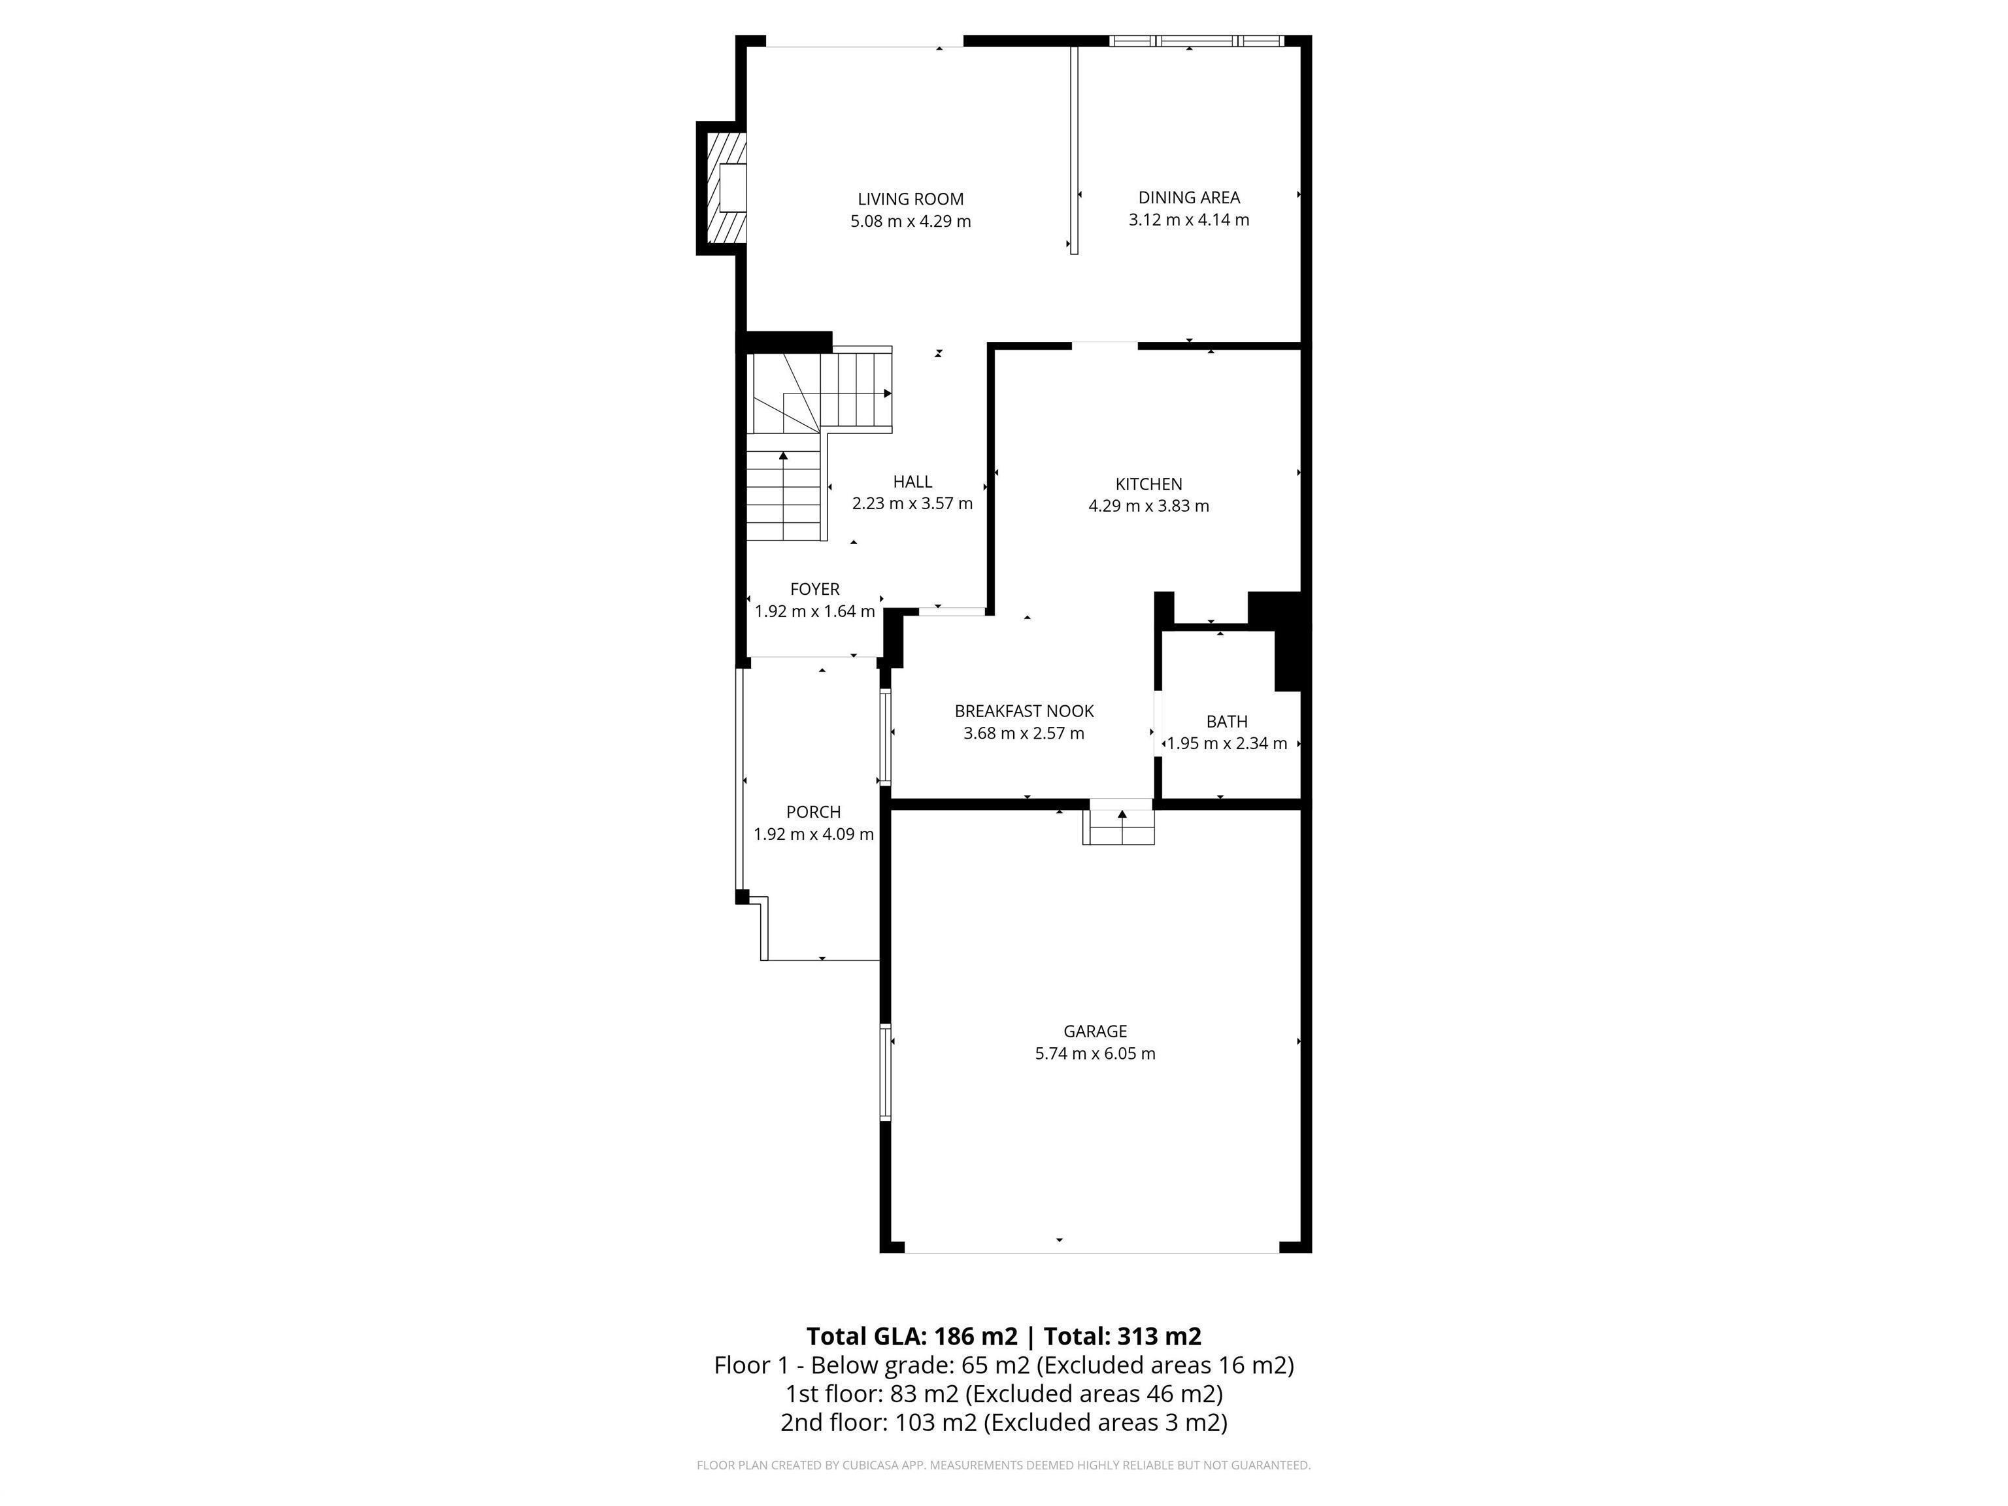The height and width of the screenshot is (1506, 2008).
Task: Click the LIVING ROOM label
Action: click(911, 199)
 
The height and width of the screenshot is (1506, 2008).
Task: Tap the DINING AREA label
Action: click(1188, 197)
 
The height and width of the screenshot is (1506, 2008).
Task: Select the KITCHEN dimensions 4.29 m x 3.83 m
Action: click(1148, 507)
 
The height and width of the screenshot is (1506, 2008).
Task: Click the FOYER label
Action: click(814, 589)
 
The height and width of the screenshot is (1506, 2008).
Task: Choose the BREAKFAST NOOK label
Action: click(1024, 711)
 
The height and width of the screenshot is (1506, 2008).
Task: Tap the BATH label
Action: click(1226, 722)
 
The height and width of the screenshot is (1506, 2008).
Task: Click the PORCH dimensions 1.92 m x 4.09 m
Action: click(813, 834)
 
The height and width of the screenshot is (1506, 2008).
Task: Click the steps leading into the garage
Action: click(1118, 826)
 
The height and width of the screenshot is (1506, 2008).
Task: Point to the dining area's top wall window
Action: click(1196, 41)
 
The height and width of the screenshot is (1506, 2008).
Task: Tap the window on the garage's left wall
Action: click(885, 1072)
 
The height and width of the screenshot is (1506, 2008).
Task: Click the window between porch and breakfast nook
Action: click(884, 736)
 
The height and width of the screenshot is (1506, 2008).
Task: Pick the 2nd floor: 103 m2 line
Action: click(1003, 1422)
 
